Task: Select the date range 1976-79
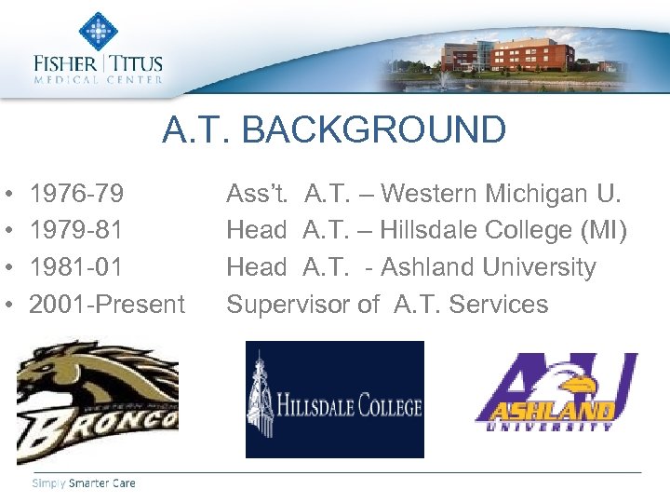click(76, 194)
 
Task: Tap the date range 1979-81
click(76, 230)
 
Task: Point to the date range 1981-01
click(76, 267)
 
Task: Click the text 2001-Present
click(107, 304)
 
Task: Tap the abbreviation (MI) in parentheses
click(603, 230)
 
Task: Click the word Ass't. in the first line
click(258, 194)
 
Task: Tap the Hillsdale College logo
click(334, 400)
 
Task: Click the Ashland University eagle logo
click(556, 392)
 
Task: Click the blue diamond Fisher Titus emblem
click(98, 31)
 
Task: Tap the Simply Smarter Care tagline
click(84, 483)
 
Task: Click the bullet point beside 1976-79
click(8, 195)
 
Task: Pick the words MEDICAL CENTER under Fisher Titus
click(99, 80)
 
